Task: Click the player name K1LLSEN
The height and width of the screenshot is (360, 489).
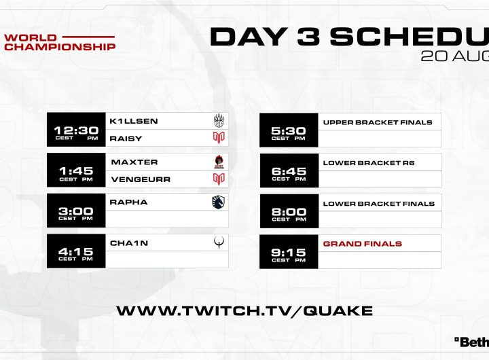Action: pyautogui.click(x=134, y=121)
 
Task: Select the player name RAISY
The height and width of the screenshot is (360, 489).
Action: pyautogui.click(x=126, y=139)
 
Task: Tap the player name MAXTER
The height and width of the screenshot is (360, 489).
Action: pyautogui.click(x=134, y=162)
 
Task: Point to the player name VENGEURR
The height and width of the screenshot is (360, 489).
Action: pyautogui.click(x=141, y=179)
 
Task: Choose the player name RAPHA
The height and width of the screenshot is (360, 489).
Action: pyautogui.click(x=128, y=202)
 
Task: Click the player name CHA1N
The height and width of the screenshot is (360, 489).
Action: pyautogui.click(x=129, y=243)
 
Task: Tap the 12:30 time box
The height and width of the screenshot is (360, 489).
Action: pyautogui.click(x=76, y=130)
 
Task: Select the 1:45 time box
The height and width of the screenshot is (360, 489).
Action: pyautogui.click(x=76, y=170)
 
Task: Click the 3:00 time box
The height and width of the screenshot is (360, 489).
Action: pyautogui.click(x=76, y=211)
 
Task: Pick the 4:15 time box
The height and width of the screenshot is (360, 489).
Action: pyautogui.click(x=76, y=251)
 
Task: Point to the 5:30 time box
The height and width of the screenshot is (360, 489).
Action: pyautogui.click(x=289, y=130)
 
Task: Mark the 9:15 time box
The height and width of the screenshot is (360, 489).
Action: pyautogui.click(x=289, y=252)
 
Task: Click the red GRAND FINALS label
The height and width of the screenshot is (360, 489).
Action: pyautogui.click(x=363, y=244)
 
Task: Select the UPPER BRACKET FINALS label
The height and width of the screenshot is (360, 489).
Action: pyautogui.click(x=378, y=122)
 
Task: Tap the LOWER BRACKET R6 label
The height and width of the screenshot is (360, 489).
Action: pyautogui.click(x=369, y=163)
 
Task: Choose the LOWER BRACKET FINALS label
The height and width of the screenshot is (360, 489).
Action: pyautogui.click(x=378, y=204)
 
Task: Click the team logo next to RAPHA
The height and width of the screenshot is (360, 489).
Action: pyautogui.click(x=218, y=202)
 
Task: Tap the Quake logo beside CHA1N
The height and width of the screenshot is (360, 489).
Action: pyautogui.click(x=219, y=242)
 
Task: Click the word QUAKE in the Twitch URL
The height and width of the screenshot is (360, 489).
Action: pyautogui.click(x=338, y=311)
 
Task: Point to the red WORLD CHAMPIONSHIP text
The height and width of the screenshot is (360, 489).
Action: pyautogui.click(x=60, y=42)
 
